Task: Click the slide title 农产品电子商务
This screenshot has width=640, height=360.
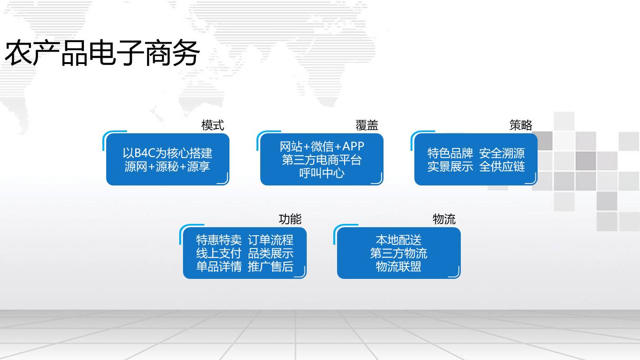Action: [102, 53]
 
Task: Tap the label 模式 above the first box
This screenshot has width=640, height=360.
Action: [212, 125]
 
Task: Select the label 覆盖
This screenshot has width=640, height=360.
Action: [366, 125]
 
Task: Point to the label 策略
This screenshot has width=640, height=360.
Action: [521, 125]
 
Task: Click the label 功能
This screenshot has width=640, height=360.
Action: [290, 219]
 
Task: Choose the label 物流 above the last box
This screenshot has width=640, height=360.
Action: [444, 219]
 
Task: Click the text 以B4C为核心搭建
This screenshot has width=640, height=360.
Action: [167, 153]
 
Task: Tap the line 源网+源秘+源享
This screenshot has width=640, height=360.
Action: [167, 166]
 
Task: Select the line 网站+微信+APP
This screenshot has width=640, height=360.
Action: [322, 147]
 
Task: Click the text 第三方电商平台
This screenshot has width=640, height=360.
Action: [322, 159]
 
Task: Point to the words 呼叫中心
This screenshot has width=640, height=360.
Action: [322, 173]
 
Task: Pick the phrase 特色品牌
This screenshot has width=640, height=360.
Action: [450, 153]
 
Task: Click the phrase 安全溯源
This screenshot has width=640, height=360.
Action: [502, 153]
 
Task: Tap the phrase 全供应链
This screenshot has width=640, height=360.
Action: [502, 166]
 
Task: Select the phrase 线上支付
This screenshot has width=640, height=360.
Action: [219, 253]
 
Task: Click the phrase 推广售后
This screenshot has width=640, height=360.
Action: [271, 267]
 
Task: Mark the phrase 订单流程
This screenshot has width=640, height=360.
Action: [271, 240]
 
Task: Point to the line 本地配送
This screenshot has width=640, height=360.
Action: [399, 240]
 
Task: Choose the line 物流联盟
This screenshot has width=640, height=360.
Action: [399, 267]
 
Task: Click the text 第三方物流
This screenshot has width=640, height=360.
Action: [399, 253]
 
